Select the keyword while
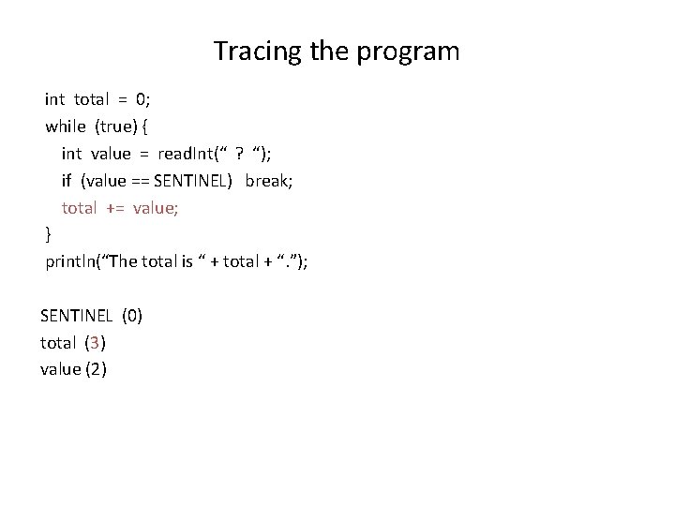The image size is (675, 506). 66,126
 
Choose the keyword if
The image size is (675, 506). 67,180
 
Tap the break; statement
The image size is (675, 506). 269,180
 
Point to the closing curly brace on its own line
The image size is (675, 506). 49,234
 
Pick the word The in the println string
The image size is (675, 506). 126,261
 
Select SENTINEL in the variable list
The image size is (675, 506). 77,316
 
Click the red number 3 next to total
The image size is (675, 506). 97,343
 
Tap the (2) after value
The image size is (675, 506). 96,369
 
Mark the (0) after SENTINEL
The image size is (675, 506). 131,316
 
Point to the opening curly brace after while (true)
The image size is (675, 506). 154,126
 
